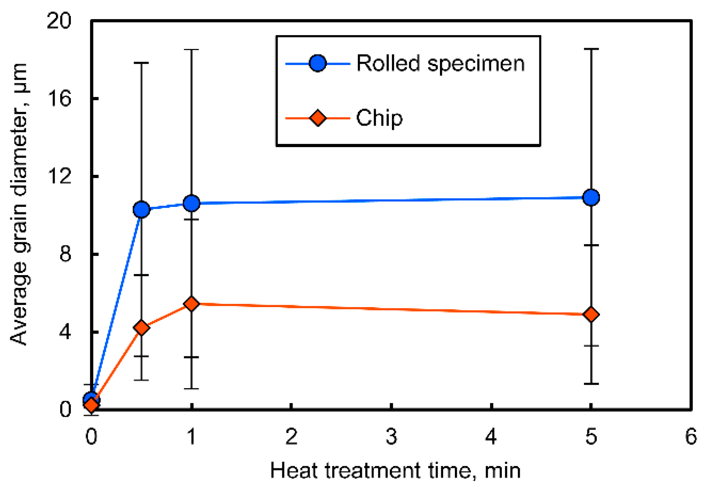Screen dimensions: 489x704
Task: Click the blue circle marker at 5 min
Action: pos(591,198)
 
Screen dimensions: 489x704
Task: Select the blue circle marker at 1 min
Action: pos(191,203)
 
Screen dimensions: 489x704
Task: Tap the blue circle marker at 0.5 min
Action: pos(141,210)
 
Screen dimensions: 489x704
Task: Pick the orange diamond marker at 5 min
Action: pos(591,315)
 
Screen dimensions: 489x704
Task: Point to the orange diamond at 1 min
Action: pos(191,304)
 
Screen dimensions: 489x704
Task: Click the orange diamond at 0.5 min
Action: pos(141,327)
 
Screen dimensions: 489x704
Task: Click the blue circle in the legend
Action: pos(318,63)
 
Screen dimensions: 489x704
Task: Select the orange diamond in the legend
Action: pos(318,118)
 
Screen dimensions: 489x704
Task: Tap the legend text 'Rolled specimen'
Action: pos(440,63)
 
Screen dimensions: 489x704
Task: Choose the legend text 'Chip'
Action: pos(379,118)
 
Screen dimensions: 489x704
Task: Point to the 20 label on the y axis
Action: pos(59,20)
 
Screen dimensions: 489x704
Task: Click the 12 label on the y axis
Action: pos(59,176)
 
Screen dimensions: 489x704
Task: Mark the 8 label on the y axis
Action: pos(65,254)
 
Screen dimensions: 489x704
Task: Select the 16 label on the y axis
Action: pos(59,99)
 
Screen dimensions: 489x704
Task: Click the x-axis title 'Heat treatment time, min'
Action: pos(395,471)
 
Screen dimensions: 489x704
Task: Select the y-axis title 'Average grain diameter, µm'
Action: pos(19,203)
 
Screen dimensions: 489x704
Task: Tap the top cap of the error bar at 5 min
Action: pos(591,49)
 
